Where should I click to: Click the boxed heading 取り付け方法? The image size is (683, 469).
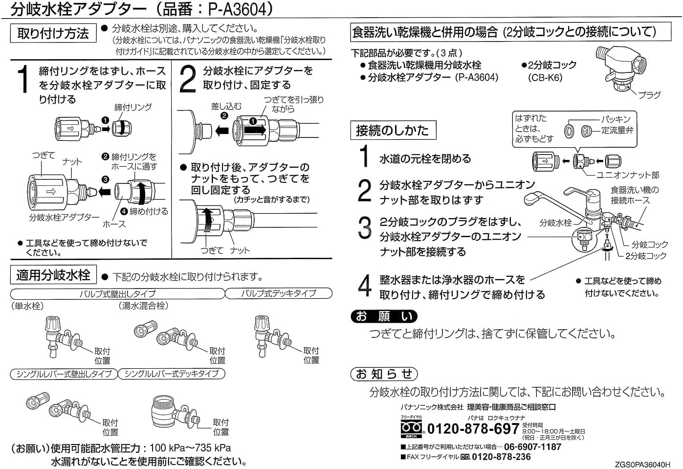53,33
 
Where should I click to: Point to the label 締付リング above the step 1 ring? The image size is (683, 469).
133,107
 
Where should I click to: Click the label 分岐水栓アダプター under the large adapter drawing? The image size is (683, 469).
64,217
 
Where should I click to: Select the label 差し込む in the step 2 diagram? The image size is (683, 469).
226,106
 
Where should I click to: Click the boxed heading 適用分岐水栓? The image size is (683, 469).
53,275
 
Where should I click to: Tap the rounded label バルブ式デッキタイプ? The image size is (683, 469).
278,293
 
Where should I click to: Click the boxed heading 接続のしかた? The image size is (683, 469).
392,131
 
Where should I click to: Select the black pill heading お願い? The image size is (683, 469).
384,316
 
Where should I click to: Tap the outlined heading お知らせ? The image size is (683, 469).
384,374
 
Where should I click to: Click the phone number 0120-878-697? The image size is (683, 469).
473,429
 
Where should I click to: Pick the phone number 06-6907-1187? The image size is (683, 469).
532,447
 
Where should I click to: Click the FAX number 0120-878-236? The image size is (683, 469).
501,457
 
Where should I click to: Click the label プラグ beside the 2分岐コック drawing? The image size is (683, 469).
649,95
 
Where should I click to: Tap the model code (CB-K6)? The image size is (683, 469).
545,78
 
